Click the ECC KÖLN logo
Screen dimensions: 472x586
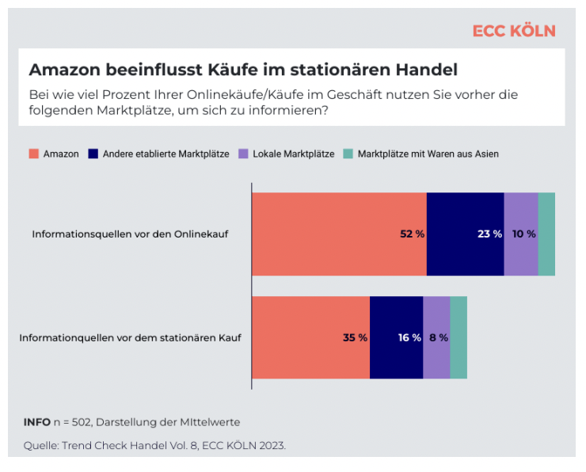(x=514, y=31)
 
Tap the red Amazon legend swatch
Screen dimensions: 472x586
(x=34, y=154)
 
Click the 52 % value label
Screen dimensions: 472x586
(x=413, y=234)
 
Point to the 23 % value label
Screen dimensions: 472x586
(x=490, y=234)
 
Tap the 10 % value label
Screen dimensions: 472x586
(x=524, y=234)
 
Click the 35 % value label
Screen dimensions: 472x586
(x=355, y=337)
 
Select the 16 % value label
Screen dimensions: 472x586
(x=409, y=337)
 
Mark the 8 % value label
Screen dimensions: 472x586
(x=439, y=337)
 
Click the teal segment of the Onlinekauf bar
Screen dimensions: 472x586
(x=546, y=234)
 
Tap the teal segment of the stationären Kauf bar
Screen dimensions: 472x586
(x=459, y=337)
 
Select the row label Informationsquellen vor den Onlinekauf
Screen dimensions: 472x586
(x=130, y=234)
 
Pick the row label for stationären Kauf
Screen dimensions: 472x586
(x=130, y=337)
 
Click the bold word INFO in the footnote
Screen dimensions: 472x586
(x=36, y=421)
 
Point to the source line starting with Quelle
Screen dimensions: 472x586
(x=154, y=445)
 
